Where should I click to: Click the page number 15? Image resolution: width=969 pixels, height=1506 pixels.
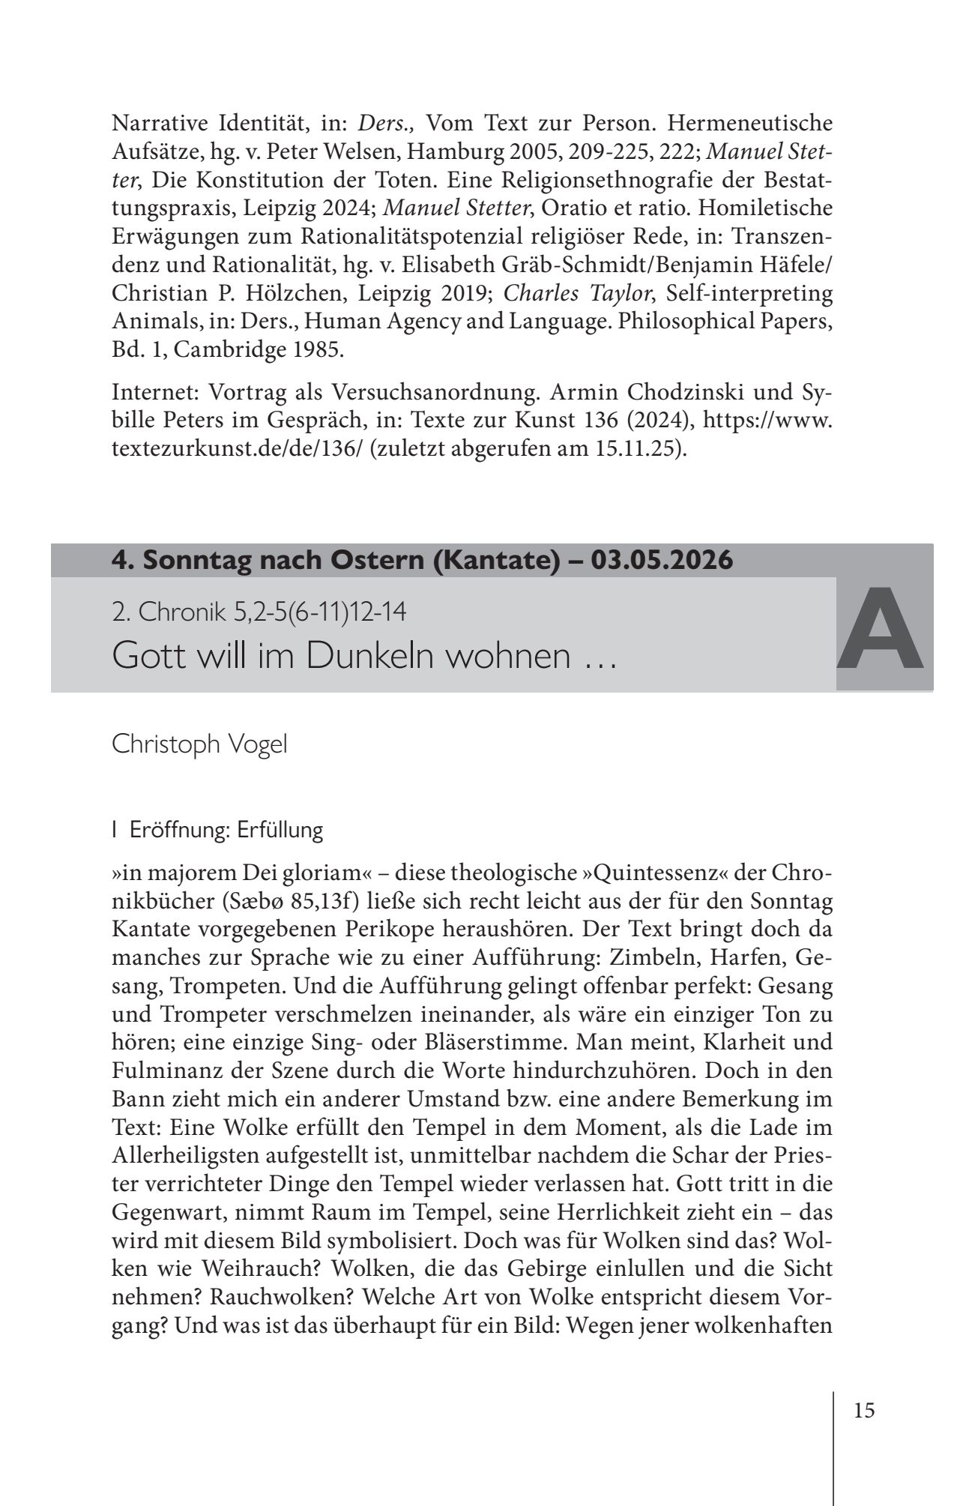click(863, 1410)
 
